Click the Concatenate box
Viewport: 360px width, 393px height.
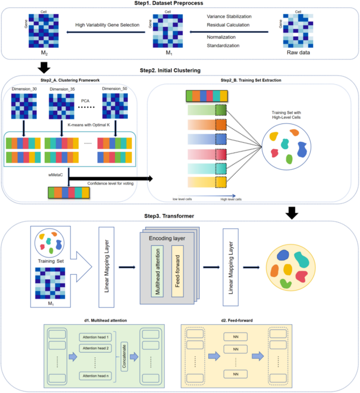click(x=124, y=355)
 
